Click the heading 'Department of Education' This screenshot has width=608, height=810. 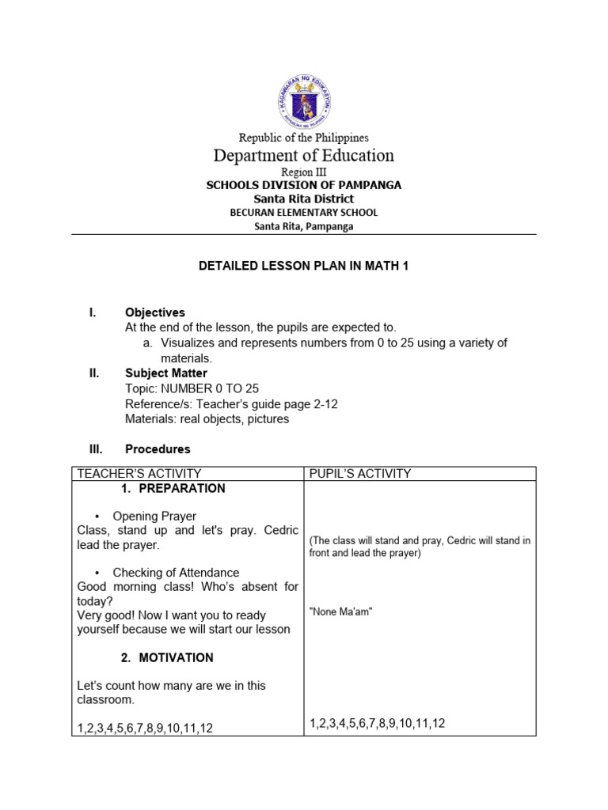coord(304,155)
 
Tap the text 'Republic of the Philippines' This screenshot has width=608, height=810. coord(304,138)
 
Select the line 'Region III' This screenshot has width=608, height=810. coord(304,172)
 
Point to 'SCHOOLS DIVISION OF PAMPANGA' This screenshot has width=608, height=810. coord(304,185)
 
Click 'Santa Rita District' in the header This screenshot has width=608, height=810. coord(304,199)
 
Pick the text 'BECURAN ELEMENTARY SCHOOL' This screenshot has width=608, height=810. coord(304,213)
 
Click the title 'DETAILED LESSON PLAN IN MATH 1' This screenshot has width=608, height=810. coord(304,267)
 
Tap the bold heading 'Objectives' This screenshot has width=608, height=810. coord(155,313)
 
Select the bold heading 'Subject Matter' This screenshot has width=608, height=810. coord(166,373)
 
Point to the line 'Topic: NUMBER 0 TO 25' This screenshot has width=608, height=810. coord(192,388)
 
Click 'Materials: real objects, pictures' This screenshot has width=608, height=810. coord(207,418)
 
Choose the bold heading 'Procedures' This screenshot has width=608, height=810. coord(158,449)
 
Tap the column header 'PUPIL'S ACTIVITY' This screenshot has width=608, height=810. coord(360,474)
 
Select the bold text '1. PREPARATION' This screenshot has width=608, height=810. coord(173,489)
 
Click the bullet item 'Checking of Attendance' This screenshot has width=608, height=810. coord(176,573)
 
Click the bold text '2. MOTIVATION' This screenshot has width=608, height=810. coord(167,658)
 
